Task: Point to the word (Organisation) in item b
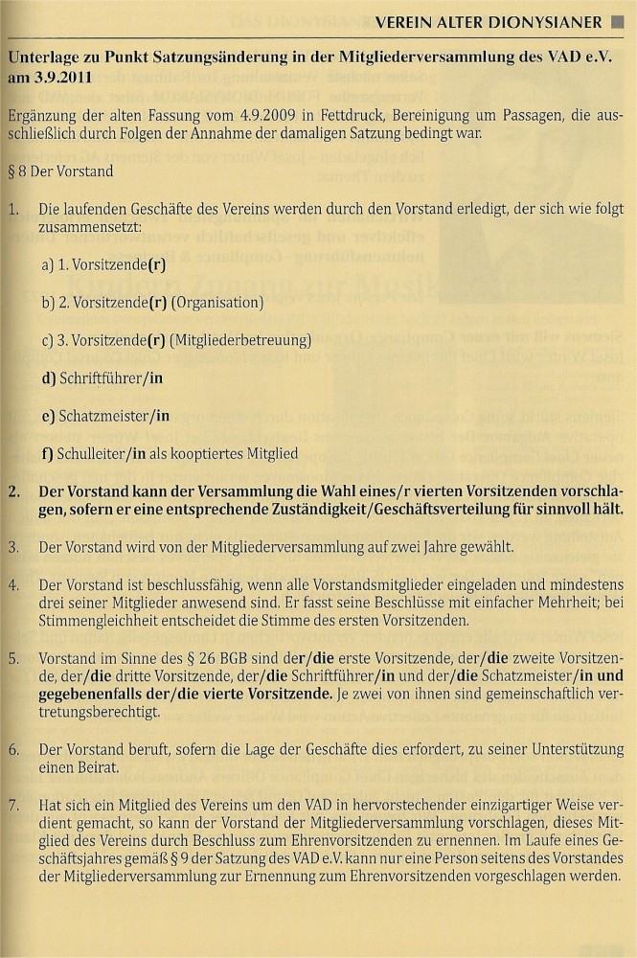tap(217, 303)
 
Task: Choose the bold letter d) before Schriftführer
tap(48, 378)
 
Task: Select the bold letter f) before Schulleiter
tap(47, 453)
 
